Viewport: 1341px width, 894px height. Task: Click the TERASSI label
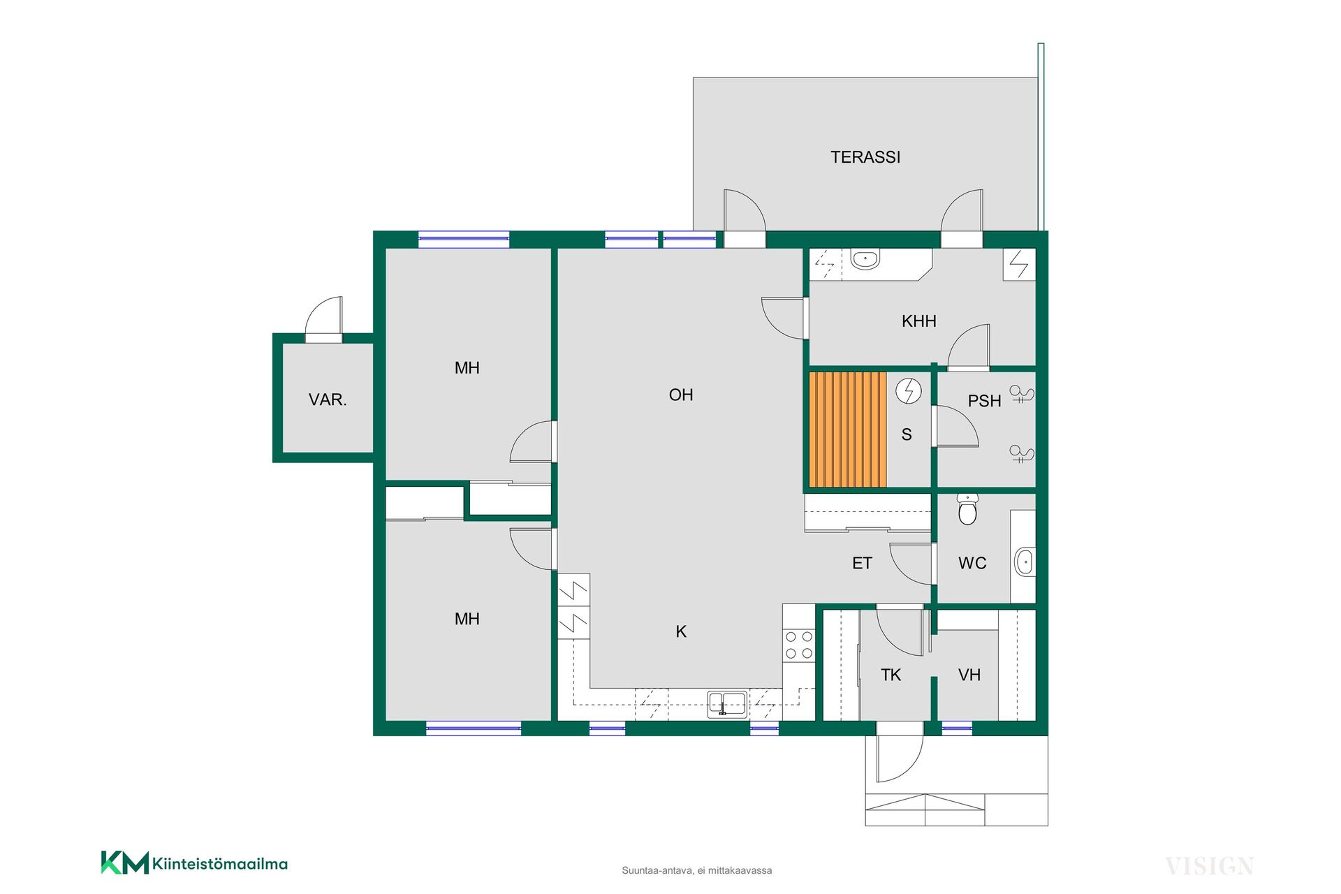[x=865, y=157]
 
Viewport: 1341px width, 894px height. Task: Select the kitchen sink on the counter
[x=727, y=704]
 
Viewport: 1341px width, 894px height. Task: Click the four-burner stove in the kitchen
[x=799, y=645]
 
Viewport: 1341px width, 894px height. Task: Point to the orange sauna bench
[x=847, y=430]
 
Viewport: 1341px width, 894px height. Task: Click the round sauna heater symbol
[x=909, y=391]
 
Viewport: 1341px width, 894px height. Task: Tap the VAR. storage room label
[x=328, y=400]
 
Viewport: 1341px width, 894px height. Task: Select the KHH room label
[x=918, y=321]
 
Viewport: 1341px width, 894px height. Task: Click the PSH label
[x=984, y=401]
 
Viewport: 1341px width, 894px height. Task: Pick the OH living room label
[x=681, y=395]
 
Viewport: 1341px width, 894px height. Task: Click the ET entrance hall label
[x=862, y=563]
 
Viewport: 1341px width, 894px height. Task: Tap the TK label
[x=891, y=675]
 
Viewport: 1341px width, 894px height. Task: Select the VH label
[x=969, y=675]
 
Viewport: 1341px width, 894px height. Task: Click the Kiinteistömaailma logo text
[x=220, y=864]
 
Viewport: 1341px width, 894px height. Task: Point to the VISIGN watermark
[x=1210, y=867]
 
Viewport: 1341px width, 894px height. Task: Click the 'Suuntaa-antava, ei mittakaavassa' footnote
[x=697, y=870]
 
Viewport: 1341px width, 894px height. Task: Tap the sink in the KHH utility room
[x=865, y=258]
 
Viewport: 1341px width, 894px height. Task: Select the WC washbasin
[x=1025, y=562]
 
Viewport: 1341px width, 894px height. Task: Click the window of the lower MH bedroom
[x=474, y=728]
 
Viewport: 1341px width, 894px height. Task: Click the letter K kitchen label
[x=681, y=631]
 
